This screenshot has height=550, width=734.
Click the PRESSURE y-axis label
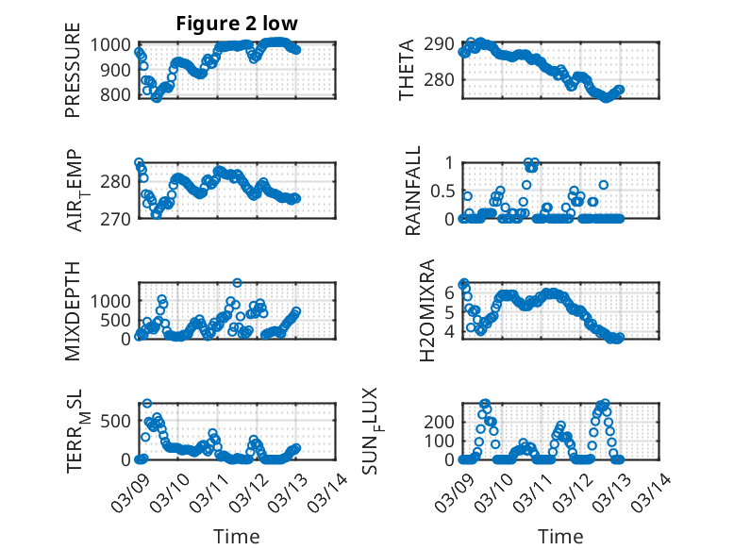point(73,77)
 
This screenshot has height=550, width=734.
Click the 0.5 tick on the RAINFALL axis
point(441,191)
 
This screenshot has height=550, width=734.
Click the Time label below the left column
point(236,536)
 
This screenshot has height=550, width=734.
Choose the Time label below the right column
point(560,536)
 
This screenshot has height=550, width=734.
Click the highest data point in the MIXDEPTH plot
point(237,282)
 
